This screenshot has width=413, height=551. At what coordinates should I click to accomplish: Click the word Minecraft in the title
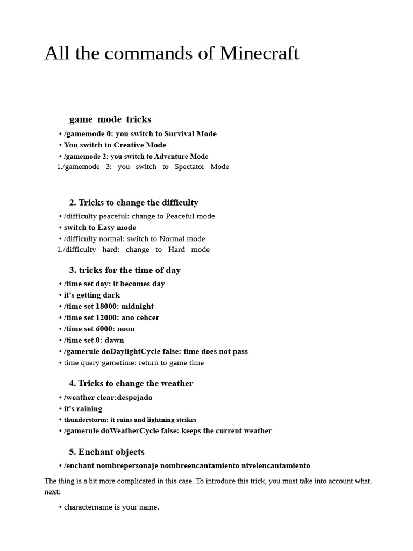[x=259, y=53]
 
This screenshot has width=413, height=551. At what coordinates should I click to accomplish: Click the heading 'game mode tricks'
[x=110, y=119]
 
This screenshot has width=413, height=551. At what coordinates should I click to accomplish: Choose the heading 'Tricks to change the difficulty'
[x=133, y=202]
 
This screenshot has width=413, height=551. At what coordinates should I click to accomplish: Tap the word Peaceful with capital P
[x=182, y=216]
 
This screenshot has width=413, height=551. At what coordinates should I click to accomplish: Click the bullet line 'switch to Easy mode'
[x=100, y=228]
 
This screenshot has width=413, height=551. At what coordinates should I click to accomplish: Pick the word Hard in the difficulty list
[x=176, y=250]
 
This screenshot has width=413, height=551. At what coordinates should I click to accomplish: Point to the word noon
[x=126, y=329]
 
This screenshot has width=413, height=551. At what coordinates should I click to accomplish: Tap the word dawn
[x=115, y=340]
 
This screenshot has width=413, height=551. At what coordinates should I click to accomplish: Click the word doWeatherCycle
[x=129, y=430]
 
